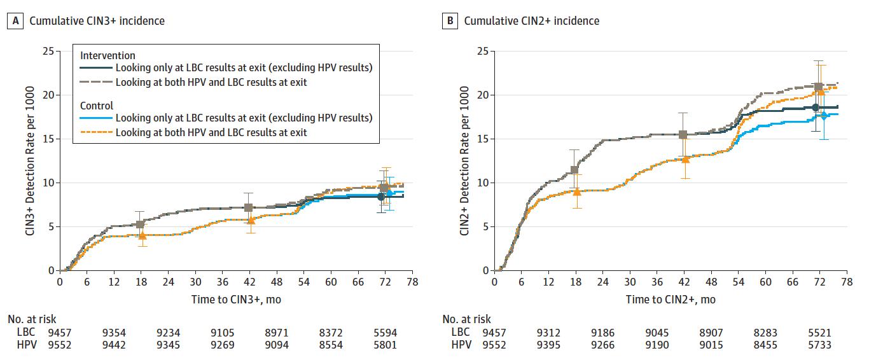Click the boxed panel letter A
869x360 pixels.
[x=15, y=21]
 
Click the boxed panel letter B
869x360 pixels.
[x=450, y=21]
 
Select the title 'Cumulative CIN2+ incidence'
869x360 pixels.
[x=531, y=21]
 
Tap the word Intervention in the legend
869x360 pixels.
[x=108, y=56]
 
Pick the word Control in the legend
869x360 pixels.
[x=97, y=106]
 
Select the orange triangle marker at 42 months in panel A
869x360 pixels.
[x=251, y=220]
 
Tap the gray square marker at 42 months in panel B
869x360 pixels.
[x=683, y=135]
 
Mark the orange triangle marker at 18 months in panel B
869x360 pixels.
[x=576, y=191]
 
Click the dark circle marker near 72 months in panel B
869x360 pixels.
[x=816, y=107]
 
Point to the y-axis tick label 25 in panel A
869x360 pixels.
[x=48, y=51]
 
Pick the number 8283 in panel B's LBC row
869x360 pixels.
[x=765, y=332]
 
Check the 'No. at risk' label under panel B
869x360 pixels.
[x=466, y=319]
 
